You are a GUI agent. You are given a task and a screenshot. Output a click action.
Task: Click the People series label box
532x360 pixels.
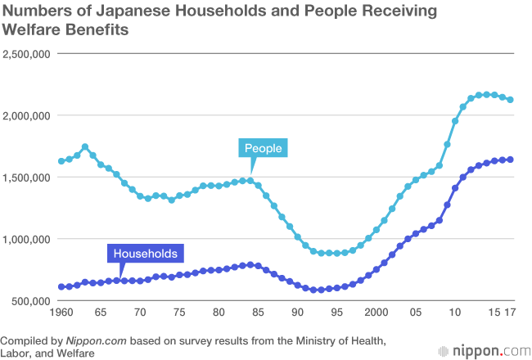pyautogui.click(x=263, y=148)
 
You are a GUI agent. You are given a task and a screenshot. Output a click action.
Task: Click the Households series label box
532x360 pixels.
pyautogui.click(x=144, y=253)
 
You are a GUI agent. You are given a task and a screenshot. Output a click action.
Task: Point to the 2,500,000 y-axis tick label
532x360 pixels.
pyautogui.click(x=27, y=54)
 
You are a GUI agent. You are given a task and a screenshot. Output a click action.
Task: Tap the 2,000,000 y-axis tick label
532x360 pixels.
pyautogui.click(x=27, y=115)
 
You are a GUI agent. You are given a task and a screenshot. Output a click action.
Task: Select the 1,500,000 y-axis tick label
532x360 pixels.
pyautogui.click(x=27, y=178)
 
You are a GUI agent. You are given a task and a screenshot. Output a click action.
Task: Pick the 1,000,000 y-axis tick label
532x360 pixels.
pyautogui.click(x=27, y=239)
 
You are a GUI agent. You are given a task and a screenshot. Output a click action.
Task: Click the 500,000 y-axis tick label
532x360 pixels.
pyautogui.click(x=31, y=301)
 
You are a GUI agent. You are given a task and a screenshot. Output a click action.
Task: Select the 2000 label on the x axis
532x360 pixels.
pyautogui.click(x=376, y=313)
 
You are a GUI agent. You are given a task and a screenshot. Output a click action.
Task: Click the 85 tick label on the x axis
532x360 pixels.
pyautogui.click(x=258, y=313)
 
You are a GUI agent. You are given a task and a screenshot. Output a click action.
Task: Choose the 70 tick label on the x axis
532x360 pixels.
pyautogui.click(x=140, y=313)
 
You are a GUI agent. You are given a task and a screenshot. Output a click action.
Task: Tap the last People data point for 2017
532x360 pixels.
pyautogui.click(x=510, y=100)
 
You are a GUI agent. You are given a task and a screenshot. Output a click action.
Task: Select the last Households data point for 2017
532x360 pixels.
pyautogui.click(x=510, y=160)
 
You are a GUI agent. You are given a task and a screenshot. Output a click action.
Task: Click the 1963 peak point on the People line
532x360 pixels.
pyautogui.click(x=85, y=147)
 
